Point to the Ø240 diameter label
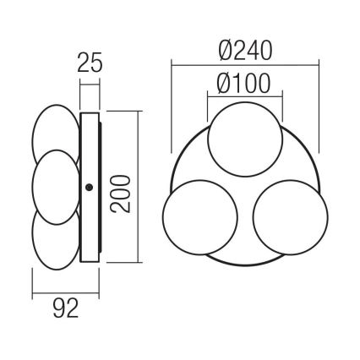coord(243,50)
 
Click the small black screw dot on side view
coord(89,188)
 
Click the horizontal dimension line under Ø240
coord(243,63)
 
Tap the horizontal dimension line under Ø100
coord(243,95)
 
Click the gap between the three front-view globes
coord(243,196)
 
